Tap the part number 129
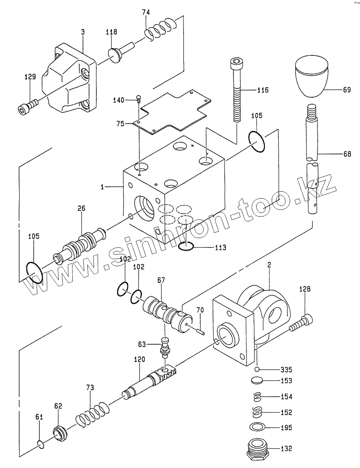coord(30,77)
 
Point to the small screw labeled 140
coord(138,98)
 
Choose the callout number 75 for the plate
coord(120,123)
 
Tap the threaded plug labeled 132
coord(258,451)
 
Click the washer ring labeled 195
coord(258,427)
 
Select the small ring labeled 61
coord(41,444)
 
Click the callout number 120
coord(139,359)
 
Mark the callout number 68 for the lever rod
coord(347,154)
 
